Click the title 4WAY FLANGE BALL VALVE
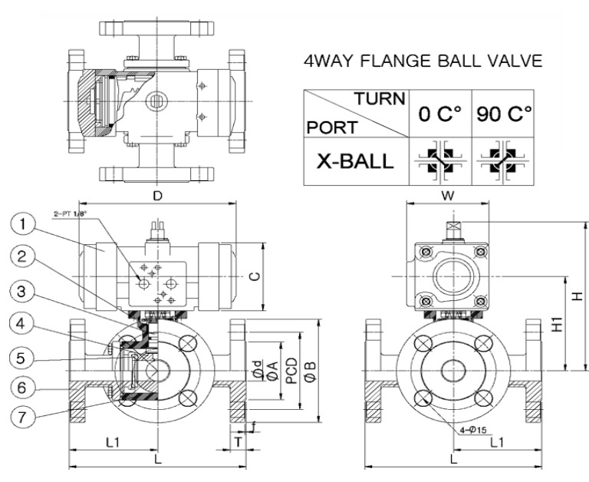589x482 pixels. [423, 61]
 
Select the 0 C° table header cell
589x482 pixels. [440, 113]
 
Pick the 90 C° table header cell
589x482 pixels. [503, 113]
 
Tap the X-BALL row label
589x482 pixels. [355, 161]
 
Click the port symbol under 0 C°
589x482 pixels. [440, 162]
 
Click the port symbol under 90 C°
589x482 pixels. [502, 162]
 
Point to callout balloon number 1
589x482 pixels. [22, 224]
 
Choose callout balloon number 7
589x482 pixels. [22, 417]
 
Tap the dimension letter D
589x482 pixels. [158, 196]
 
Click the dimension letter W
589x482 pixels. [448, 196]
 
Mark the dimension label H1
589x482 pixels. [558, 324]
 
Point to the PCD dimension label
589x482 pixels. [291, 371]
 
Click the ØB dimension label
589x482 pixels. [311, 371]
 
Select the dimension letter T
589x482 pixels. [238, 442]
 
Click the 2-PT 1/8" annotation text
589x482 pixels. [71, 214]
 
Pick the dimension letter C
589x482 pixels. [255, 276]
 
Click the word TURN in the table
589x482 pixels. [380, 98]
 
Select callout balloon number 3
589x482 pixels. [22, 291]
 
